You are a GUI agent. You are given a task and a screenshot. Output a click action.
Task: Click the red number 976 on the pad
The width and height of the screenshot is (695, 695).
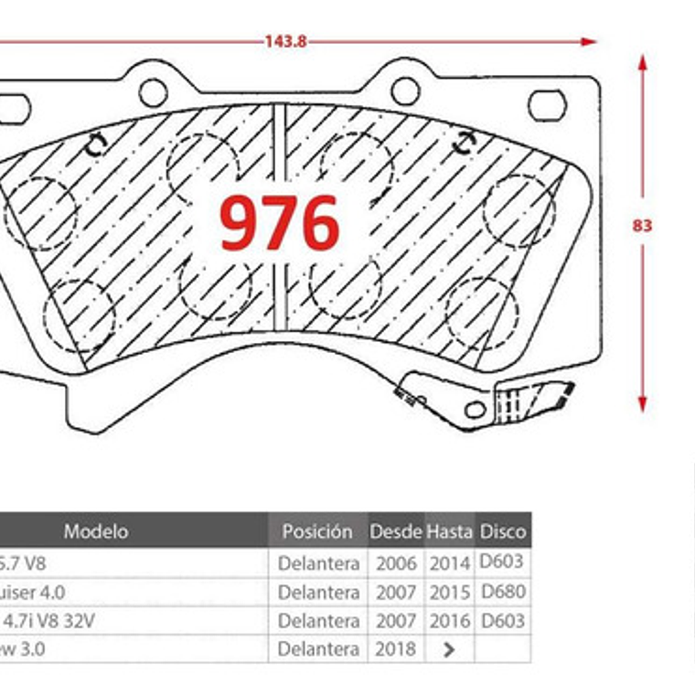point(279,224)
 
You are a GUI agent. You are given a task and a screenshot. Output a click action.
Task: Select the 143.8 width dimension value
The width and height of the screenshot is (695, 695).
point(285,41)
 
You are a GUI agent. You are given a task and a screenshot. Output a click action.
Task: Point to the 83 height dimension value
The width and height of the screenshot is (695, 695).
point(642,225)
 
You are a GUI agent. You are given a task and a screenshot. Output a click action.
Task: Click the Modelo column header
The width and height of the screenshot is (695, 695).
point(96,530)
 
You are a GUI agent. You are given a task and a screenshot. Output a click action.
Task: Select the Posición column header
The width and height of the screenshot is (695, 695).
point(316,530)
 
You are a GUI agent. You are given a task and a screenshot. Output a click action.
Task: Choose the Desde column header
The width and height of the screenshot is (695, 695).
point(395,530)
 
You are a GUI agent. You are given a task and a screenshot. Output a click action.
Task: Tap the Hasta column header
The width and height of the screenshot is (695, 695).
point(450,530)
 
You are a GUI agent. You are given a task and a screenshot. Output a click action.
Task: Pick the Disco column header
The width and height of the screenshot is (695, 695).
point(503,530)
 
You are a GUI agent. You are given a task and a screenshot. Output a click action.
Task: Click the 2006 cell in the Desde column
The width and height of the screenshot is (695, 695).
point(395,563)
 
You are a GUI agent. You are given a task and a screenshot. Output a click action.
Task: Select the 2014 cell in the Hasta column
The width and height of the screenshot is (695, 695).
point(450,563)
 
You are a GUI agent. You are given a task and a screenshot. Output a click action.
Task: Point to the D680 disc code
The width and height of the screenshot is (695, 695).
point(503,592)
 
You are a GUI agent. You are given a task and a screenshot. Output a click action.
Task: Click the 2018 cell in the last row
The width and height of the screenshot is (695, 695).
point(395,648)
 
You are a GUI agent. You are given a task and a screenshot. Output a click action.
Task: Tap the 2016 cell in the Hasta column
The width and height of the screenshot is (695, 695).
point(450,621)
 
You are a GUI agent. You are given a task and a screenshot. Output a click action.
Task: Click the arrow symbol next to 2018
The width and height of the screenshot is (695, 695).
point(449,649)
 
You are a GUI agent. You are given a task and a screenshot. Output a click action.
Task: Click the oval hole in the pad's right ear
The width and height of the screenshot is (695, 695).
point(547,106)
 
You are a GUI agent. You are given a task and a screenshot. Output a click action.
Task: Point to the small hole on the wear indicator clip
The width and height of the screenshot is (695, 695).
point(475,409)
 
